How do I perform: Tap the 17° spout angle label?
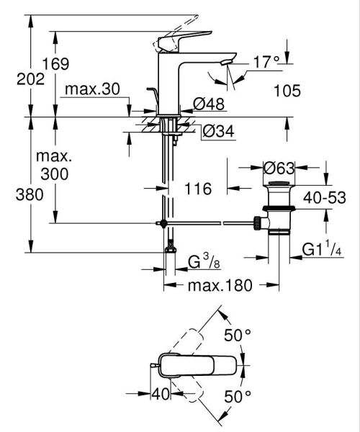coord(265,64)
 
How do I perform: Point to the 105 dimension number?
coord(287,91)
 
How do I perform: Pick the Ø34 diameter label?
coord(216,132)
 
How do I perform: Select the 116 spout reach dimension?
coord(197,189)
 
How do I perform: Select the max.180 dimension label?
coord(220,286)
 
